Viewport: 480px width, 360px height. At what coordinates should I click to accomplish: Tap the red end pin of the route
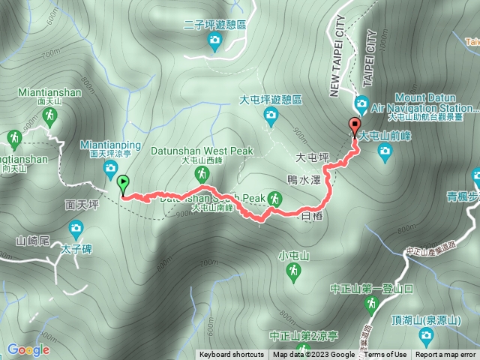pyautogui.click(x=355, y=125)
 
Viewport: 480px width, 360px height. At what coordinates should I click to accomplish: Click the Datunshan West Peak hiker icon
pyautogui.click(x=202, y=174)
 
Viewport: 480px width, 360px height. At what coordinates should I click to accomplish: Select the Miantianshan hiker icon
pyautogui.click(x=49, y=115)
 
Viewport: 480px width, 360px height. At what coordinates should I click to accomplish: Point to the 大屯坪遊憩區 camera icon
pyautogui.click(x=270, y=115)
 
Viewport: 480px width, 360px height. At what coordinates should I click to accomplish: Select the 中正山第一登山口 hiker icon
pyautogui.click(x=370, y=304)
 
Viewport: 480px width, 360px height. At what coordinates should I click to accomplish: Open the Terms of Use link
pyautogui.click(x=385, y=355)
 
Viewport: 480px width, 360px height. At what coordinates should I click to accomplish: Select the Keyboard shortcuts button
pyautogui.click(x=231, y=355)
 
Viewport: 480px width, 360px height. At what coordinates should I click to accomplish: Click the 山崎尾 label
pyautogui.click(x=32, y=241)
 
